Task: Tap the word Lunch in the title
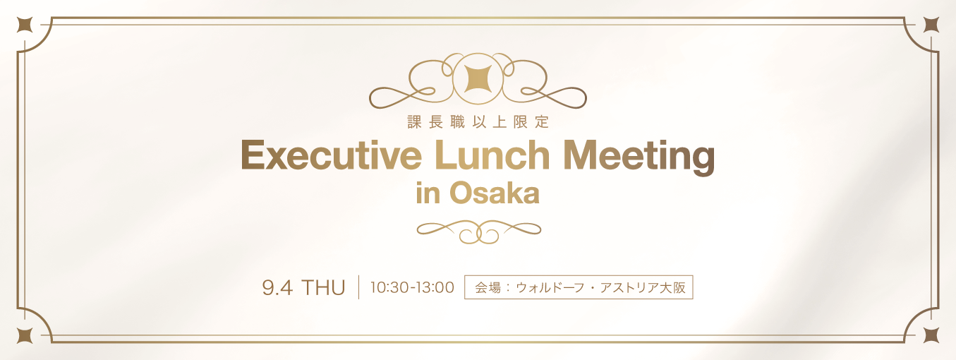coord(492,155)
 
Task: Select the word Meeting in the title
coord(639,157)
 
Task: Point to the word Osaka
coord(495,193)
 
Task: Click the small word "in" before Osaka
coord(428,193)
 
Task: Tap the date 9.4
coord(277,288)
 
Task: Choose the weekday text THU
coord(324,288)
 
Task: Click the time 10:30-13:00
coord(412,287)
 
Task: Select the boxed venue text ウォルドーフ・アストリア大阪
coord(600,287)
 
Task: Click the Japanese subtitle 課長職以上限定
coord(478,122)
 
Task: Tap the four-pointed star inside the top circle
coord(478,79)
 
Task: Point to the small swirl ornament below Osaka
coord(479,232)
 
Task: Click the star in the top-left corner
coord(25,25)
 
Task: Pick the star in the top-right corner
coord(931,25)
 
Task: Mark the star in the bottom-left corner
coord(25,336)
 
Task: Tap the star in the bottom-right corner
coord(931,336)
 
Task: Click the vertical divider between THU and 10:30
coord(359,287)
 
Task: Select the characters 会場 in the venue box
coord(488,287)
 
